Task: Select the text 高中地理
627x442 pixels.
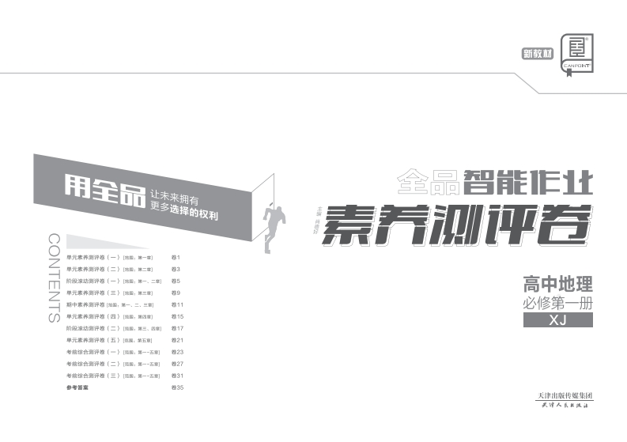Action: point(557,283)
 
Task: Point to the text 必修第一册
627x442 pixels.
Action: point(557,302)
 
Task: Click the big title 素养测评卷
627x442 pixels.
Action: point(457,222)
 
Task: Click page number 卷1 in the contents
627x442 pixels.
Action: point(176,258)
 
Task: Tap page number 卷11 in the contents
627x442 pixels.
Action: point(178,304)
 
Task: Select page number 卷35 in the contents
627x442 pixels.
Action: point(178,388)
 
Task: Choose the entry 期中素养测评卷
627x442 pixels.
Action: point(86,304)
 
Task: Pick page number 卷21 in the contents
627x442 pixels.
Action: point(178,340)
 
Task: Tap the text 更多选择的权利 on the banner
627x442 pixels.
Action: point(183,214)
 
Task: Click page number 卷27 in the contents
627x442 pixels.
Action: point(178,364)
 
